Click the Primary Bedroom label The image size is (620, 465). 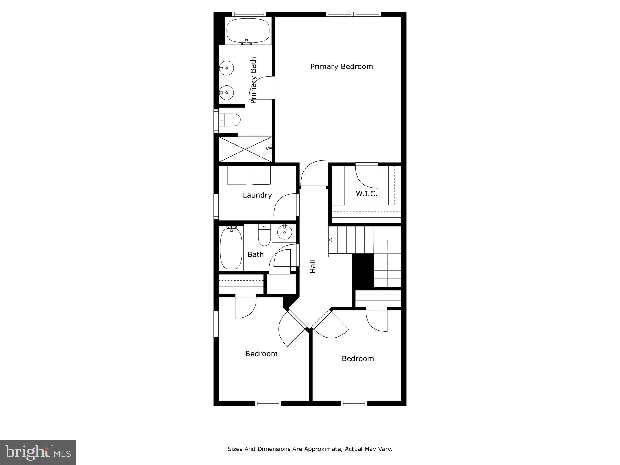[x=341, y=67]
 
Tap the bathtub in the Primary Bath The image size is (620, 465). [x=248, y=31]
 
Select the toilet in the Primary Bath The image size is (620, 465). [x=230, y=120]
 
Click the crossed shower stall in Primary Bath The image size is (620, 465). [x=245, y=149]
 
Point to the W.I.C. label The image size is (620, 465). [x=366, y=194]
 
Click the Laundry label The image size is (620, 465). [x=257, y=195]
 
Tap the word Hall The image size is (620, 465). [x=313, y=266]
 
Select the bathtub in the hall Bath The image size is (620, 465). [x=231, y=248]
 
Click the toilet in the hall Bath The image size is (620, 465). [x=264, y=235]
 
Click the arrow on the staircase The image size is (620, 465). [x=331, y=240]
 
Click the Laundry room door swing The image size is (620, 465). [x=285, y=206]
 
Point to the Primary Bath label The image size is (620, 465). [x=253, y=80]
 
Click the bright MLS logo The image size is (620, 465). [x=38, y=452]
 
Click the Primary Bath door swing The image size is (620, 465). [x=262, y=88]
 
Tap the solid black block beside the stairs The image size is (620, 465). [x=363, y=271]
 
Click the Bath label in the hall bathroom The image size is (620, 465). [x=256, y=255]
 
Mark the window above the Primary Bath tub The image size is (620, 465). [x=249, y=14]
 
